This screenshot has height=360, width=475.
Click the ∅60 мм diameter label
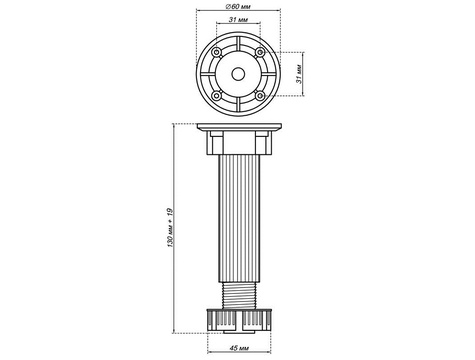click(238, 6)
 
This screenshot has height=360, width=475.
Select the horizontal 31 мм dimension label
click(238, 20)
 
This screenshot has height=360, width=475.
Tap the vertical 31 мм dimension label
click(299, 74)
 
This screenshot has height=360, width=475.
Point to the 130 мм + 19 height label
click(170, 228)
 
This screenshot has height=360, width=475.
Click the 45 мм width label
click(239, 348)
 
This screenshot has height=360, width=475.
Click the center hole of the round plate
click(238, 74)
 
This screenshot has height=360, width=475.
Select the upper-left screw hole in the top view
click(217, 52)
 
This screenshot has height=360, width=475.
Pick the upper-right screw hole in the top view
click(260, 52)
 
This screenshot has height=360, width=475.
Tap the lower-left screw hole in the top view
click(217, 96)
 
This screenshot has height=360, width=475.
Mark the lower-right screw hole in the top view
click(260, 96)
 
